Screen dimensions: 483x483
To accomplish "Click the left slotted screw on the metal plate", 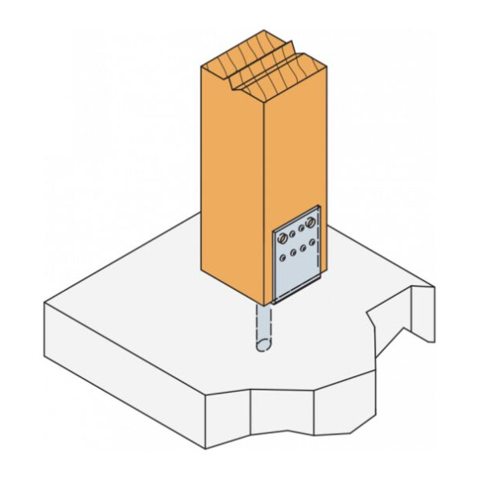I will (283, 238).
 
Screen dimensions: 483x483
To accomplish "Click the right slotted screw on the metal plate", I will (310, 223).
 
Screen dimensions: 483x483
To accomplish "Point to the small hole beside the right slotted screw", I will (301, 227).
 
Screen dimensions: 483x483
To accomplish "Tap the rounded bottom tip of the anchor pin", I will (263, 348).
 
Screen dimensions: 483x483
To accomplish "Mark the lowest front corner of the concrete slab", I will (206, 448).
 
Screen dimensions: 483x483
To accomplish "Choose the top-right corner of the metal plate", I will (320, 207).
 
